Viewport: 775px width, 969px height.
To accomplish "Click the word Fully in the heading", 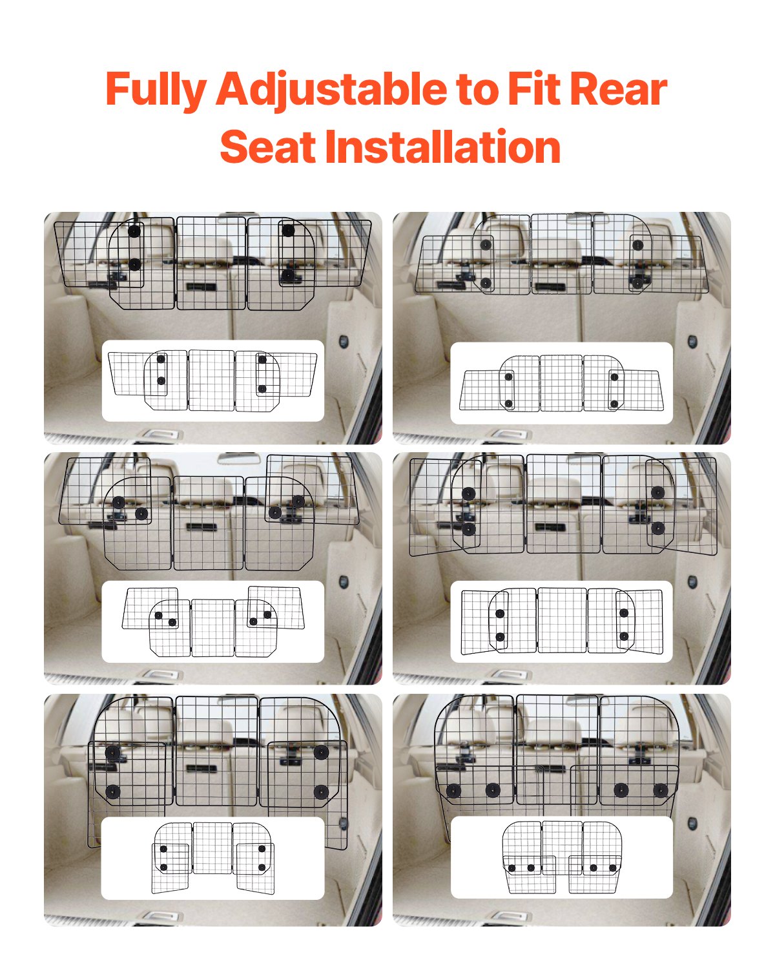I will [156, 90].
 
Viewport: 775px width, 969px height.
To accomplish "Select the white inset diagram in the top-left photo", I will [212, 381].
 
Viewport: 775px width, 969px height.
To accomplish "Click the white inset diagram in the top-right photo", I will [561, 383].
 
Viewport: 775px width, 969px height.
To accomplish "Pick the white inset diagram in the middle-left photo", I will [212, 621].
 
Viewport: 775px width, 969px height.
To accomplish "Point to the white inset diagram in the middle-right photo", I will [561, 621].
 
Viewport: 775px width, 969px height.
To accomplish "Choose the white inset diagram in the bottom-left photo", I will [212, 859].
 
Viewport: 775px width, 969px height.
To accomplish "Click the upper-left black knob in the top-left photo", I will [134, 231].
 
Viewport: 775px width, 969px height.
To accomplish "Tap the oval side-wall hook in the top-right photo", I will [692, 340].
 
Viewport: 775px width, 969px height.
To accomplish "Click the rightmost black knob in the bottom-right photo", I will [660, 790].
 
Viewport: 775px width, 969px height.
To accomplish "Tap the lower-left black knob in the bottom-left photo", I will [113, 792].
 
